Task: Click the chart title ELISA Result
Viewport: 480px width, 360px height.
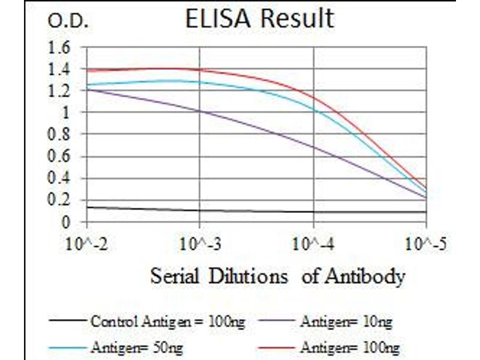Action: pyautogui.click(x=259, y=19)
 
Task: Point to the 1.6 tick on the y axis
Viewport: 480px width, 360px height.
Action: pyautogui.click(x=62, y=47)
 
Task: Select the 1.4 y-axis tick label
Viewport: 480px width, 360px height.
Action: pyautogui.click(x=62, y=69)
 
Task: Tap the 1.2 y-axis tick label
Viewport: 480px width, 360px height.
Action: pyautogui.click(x=62, y=91)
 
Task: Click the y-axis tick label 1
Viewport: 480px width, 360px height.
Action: pyautogui.click(x=67, y=113)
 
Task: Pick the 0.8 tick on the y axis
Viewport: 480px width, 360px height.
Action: pyautogui.click(x=62, y=135)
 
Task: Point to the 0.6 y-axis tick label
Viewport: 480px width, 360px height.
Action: pyautogui.click(x=62, y=157)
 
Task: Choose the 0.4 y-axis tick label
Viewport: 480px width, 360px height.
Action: pyautogui.click(x=62, y=179)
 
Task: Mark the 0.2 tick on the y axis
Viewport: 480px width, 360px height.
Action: pyautogui.click(x=62, y=201)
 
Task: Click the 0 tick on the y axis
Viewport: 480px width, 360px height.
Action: pyautogui.click(x=67, y=223)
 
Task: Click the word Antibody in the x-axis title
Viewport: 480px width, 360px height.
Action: pyautogui.click(x=365, y=277)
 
